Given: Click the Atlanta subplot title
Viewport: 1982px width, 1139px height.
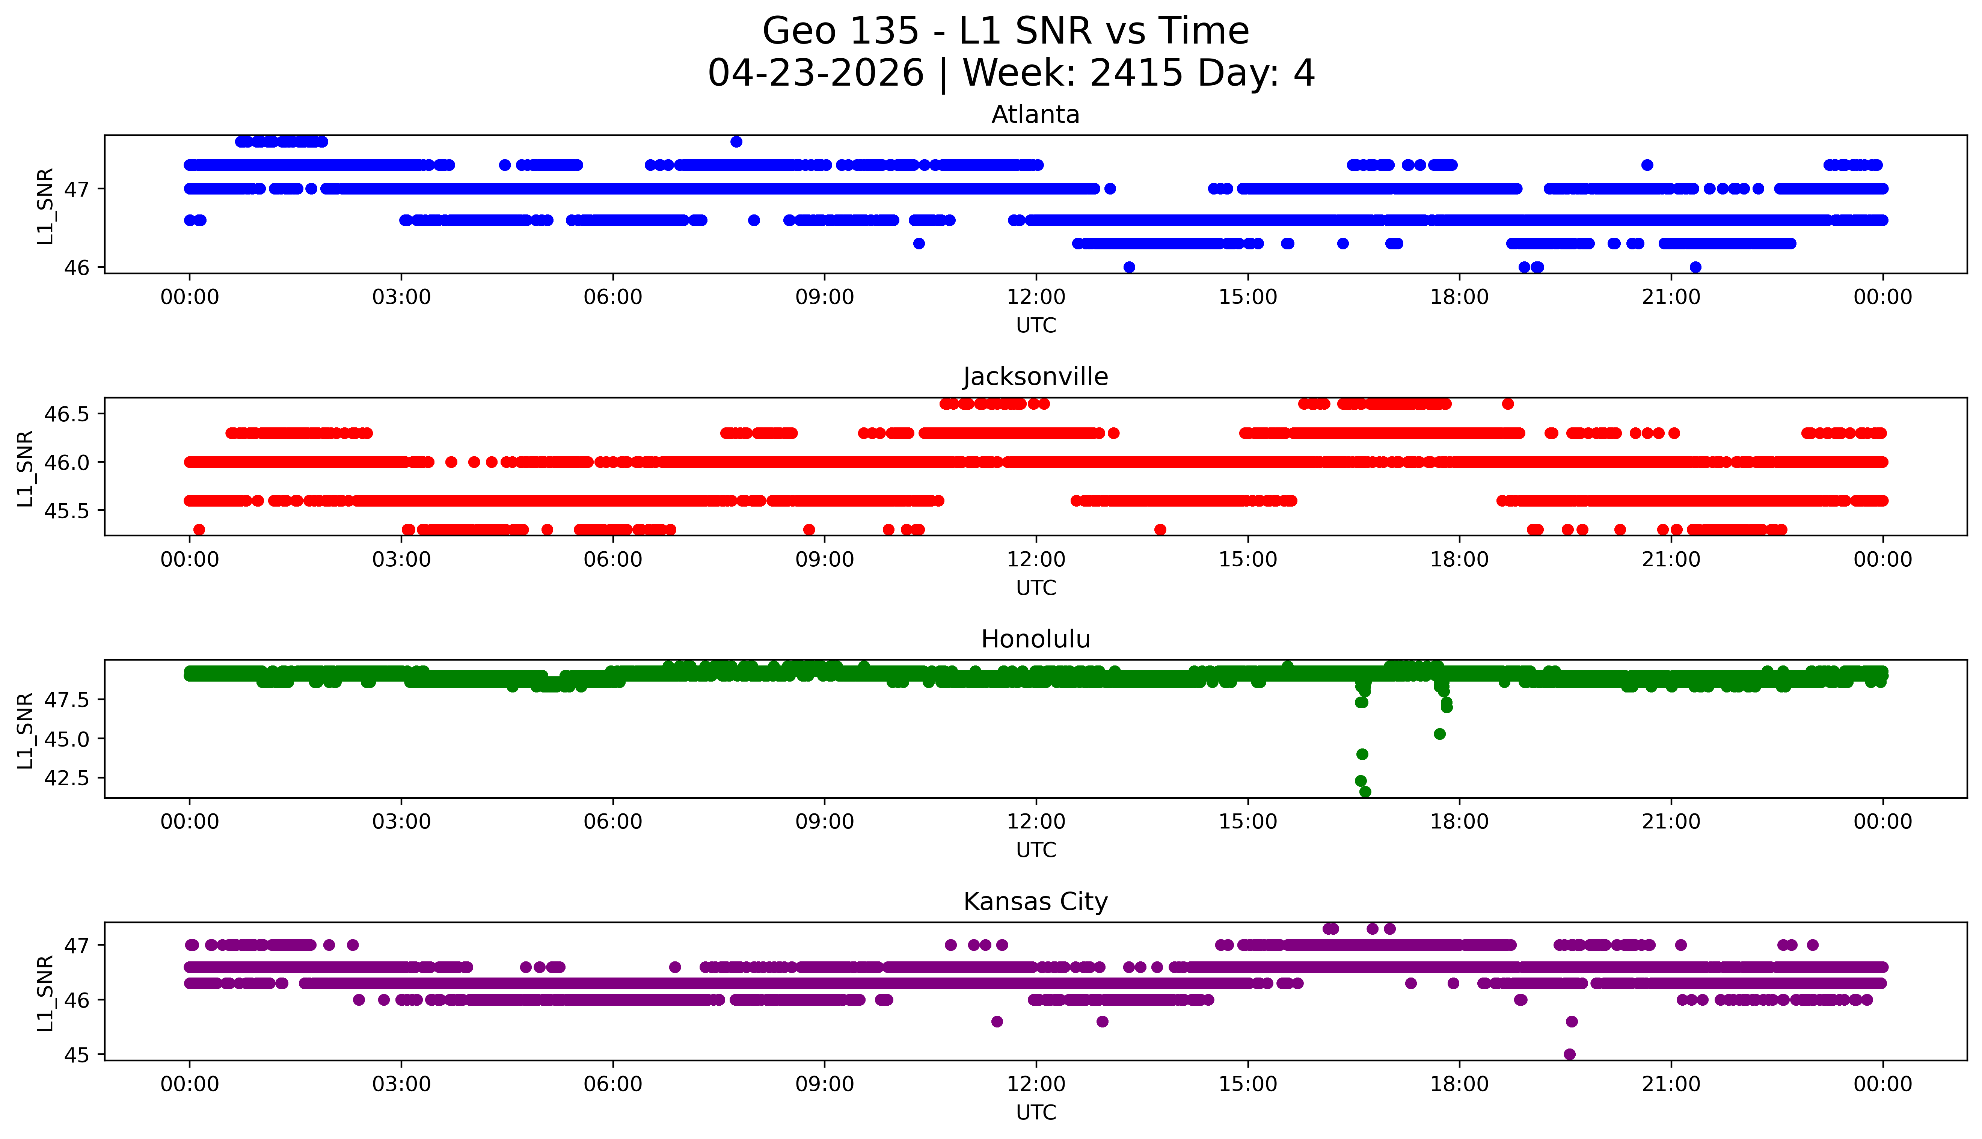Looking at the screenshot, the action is coord(1036,115).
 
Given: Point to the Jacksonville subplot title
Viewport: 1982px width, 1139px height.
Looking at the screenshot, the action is coord(1036,377).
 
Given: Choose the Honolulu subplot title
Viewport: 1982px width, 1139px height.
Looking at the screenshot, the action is coord(1036,639).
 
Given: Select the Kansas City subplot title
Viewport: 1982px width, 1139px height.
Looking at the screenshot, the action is coord(1036,902).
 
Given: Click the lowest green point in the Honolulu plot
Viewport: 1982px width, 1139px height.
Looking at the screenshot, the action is coord(1365,792).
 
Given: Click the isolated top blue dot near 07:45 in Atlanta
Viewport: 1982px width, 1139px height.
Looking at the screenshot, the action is coord(736,142).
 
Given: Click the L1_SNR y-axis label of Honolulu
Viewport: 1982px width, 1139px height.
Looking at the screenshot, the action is coord(25,730).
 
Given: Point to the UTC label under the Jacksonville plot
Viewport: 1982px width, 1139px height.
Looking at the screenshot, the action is coord(1036,587).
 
